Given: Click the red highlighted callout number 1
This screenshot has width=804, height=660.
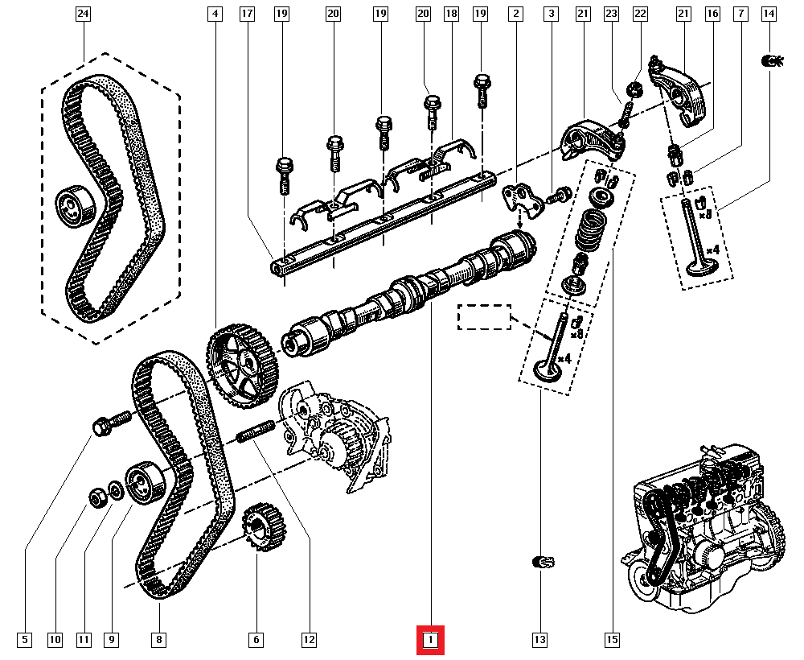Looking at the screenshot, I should click(x=430, y=641).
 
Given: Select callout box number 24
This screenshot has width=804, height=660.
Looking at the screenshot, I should click(x=84, y=14).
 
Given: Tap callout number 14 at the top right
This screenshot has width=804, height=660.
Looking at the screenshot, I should click(x=769, y=14).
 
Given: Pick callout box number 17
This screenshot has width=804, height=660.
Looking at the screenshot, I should click(x=247, y=14).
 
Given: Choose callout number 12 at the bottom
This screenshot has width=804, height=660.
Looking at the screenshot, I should click(x=308, y=641).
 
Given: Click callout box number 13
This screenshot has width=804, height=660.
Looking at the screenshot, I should click(x=539, y=641).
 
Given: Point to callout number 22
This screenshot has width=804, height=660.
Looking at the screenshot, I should click(x=640, y=14).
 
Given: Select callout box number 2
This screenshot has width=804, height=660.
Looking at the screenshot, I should click(x=515, y=14).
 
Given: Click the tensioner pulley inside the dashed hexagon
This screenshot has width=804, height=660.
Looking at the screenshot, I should click(x=73, y=206).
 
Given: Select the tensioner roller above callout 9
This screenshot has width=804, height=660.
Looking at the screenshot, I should click(x=144, y=482).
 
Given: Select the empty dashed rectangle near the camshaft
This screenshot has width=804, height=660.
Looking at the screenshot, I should click(x=485, y=317).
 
